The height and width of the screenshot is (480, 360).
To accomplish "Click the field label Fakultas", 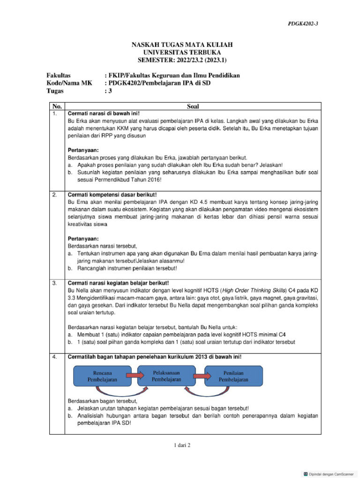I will pos(59,75).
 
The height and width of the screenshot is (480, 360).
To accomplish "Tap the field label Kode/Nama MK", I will pos(69,83).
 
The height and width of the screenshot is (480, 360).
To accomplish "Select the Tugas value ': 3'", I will pos(108,91).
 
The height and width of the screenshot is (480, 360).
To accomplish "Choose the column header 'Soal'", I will pos(193,106).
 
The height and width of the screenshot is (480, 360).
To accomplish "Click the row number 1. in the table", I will pos(55,114).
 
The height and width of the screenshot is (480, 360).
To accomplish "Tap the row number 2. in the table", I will pos(55,195).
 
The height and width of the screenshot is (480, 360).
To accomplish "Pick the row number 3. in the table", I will pos(55,283).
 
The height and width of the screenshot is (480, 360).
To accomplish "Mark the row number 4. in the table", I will pos(55,357).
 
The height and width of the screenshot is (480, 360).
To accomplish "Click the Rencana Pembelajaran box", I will pos(103,376).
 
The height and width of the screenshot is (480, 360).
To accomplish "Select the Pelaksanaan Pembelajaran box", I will pos(167,375).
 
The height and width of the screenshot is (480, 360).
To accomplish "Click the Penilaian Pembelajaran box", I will pos(233,376).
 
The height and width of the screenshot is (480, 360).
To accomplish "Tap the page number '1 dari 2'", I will pos(180,445).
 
